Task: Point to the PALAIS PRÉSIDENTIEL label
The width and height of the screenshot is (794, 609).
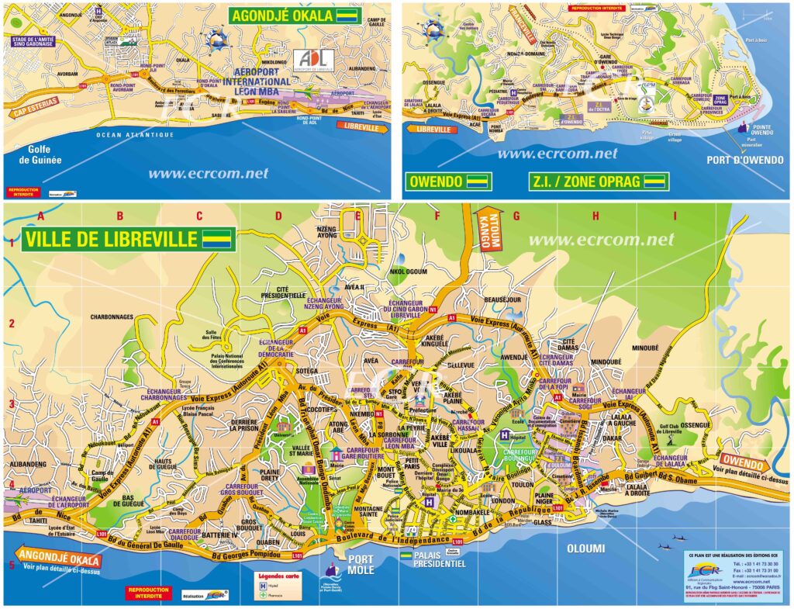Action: pos(438,559)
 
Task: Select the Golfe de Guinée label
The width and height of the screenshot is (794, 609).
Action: pos(39,155)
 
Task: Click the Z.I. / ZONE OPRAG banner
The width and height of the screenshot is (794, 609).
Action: pos(599,182)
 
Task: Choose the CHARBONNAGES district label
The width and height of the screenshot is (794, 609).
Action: pos(112,317)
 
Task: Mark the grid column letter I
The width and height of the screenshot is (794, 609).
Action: pos(675,216)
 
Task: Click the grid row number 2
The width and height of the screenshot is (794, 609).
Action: pos(12,324)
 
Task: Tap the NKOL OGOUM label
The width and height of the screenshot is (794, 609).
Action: pos(408,272)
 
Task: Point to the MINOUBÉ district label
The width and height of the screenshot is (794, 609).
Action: pos(649,348)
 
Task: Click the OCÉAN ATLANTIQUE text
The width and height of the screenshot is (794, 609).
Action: pos(135,135)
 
